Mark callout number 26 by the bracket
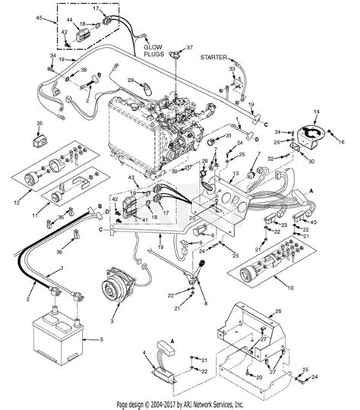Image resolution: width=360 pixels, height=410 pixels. point(277,311)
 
